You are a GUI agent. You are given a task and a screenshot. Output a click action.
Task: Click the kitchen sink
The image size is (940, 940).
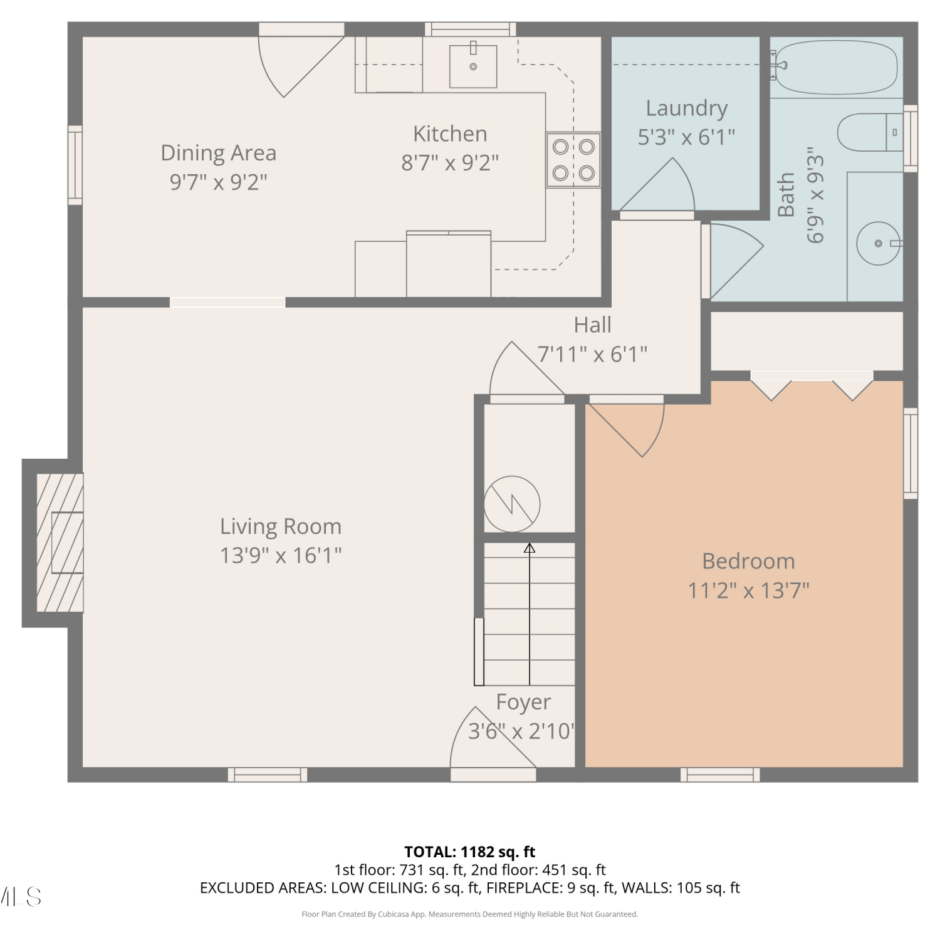point(473,66)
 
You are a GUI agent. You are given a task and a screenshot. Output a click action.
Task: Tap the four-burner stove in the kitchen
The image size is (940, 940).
point(573,160)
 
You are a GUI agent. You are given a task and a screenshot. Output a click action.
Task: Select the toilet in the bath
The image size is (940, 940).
point(870,132)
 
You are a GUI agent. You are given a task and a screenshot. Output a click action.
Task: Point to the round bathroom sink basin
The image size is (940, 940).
point(879,243)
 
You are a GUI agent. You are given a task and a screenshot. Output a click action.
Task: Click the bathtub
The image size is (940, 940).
point(837,68)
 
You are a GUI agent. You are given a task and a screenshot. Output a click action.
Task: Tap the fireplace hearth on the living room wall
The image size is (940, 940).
point(60,543)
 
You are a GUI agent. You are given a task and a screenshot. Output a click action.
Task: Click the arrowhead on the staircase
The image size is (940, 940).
point(530,548)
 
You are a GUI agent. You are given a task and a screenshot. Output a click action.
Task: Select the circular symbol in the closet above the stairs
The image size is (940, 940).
point(512,504)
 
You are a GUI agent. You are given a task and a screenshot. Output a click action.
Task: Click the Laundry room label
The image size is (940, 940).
point(687,108)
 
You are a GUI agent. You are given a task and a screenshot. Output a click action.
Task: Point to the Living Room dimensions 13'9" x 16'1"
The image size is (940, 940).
point(281,555)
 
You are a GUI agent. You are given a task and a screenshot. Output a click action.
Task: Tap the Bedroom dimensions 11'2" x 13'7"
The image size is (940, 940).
point(749,590)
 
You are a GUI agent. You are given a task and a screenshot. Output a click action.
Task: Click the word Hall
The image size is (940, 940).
point(592,325)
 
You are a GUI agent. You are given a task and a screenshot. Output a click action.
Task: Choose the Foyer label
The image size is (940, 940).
point(523,702)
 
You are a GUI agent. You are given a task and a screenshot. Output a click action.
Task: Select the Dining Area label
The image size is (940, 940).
point(219,153)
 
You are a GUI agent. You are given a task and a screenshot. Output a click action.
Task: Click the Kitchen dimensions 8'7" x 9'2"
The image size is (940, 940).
point(450,163)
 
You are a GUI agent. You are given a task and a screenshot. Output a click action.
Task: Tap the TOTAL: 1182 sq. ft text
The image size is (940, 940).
point(470,852)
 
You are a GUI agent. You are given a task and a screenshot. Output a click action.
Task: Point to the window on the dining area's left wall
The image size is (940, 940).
point(75,165)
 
